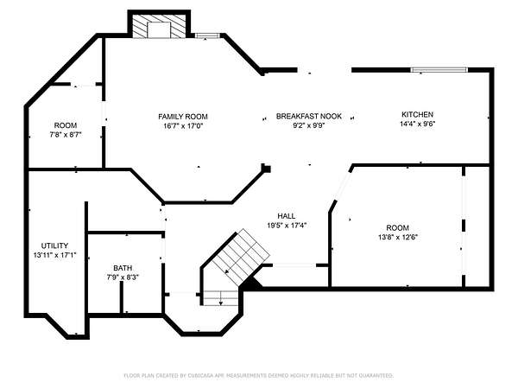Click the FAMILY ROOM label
[183, 117]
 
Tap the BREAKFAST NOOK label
[309, 116]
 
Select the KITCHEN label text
[417, 114]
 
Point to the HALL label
[287, 216]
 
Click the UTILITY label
[55, 246]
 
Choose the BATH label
[123, 268]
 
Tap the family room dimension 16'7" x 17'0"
[183, 126]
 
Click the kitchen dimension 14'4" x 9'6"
[418, 124]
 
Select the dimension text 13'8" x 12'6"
[398, 237]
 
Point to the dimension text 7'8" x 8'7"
[66, 135]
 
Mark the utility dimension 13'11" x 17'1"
[55, 255]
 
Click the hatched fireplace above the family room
[159, 26]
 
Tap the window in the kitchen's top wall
[439, 70]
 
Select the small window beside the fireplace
[207, 35]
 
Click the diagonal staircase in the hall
[241, 258]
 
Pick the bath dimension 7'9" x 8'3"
[123, 277]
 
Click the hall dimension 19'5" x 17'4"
[287, 226]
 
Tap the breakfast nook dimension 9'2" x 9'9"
[309, 125]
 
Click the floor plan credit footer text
[259, 375]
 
